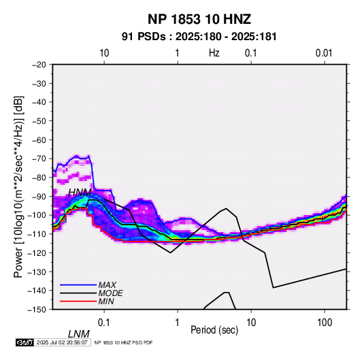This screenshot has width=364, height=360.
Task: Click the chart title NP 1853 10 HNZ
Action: tap(199, 19)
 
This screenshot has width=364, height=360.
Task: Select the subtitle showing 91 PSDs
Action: tap(199, 37)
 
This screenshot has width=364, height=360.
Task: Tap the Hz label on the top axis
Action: tap(214, 53)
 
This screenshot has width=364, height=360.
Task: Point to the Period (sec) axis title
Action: tap(214, 330)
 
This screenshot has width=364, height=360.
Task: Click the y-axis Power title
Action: tap(18, 186)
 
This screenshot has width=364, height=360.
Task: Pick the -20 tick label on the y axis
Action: tap(39, 65)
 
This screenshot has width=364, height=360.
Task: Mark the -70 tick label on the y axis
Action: tap(39, 159)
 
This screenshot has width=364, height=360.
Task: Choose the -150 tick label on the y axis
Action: tap(37, 310)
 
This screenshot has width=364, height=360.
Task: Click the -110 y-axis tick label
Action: tap(37, 234)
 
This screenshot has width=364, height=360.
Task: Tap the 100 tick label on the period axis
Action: tap(325, 323)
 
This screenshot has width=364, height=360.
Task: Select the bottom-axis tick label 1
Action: tap(178, 323)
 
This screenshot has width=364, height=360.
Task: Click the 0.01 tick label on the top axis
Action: tap(324, 53)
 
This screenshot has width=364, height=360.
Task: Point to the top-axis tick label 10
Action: tap(104, 53)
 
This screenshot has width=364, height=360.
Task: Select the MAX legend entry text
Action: tap(107, 285)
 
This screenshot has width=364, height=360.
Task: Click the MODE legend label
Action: tap(110, 293)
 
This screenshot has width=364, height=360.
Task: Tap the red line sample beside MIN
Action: tap(78, 301)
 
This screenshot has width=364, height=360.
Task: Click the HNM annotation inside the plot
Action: tap(80, 193)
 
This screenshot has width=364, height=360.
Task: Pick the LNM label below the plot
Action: tap(78, 334)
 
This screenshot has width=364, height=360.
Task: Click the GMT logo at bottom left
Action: tap(25, 342)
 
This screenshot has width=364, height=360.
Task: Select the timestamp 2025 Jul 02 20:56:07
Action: tap(62, 342)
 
